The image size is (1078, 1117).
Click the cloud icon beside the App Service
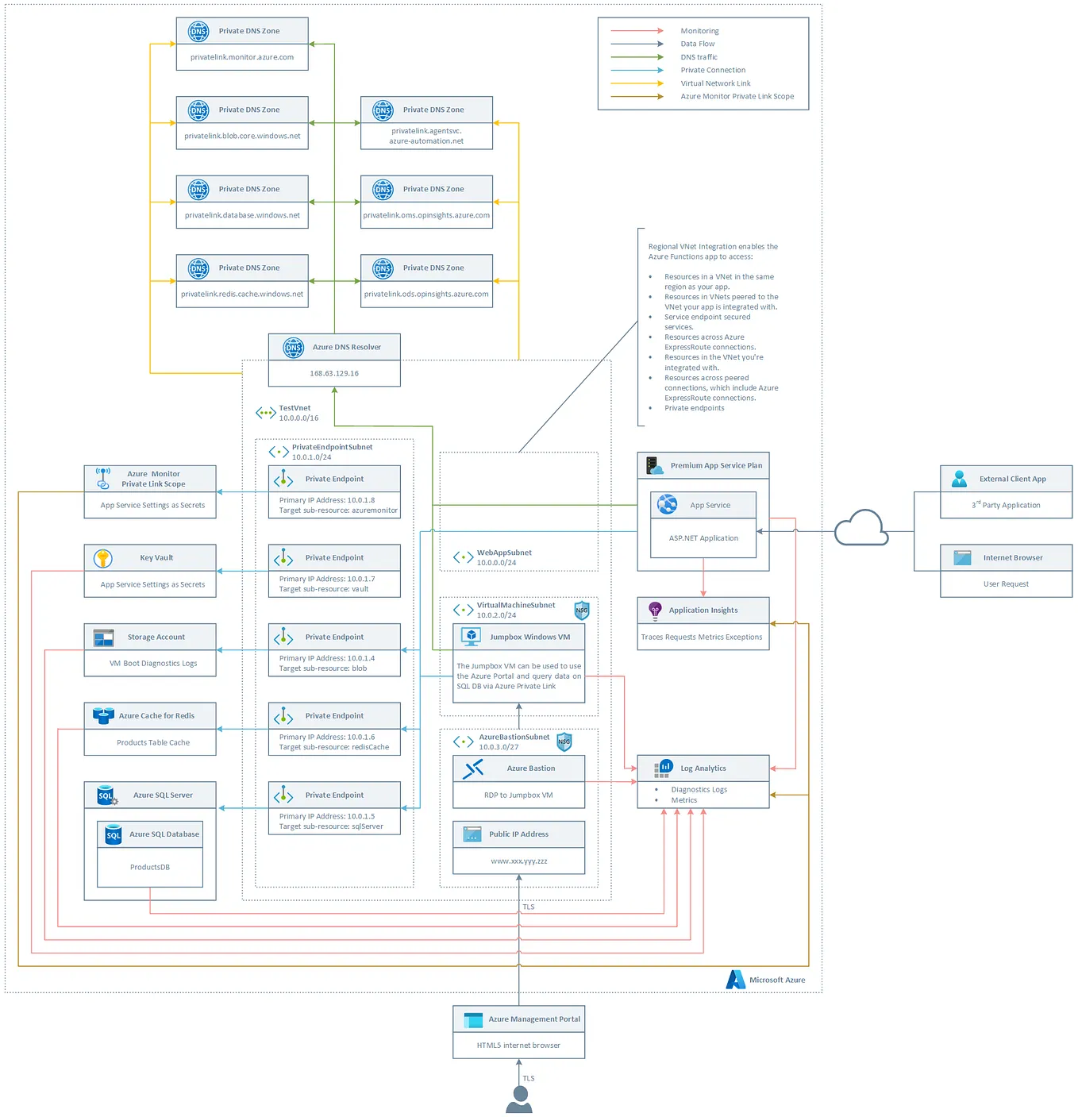[x=861, y=528]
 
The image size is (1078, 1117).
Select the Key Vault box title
[x=156, y=557]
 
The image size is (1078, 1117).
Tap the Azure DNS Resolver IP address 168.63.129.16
[x=334, y=373]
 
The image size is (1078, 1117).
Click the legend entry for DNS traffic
[x=699, y=57]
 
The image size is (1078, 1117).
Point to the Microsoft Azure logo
[x=735, y=979]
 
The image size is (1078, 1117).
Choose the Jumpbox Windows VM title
[x=529, y=637]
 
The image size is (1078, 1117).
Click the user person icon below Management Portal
[x=519, y=1100]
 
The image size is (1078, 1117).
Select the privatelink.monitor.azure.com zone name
[x=242, y=57]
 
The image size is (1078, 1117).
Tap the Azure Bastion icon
[x=473, y=768]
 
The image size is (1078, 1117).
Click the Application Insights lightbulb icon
[x=655, y=610]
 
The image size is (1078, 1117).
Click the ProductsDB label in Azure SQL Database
[x=150, y=867]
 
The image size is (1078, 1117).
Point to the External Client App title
[x=1012, y=479]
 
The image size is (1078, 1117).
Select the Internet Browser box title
[x=1013, y=557]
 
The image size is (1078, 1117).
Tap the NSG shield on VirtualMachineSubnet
[x=582, y=610]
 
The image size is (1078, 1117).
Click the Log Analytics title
[x=703, y=768]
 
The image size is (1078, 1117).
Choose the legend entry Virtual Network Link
[x=715, y=83]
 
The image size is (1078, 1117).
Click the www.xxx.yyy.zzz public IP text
[x=519, y=861]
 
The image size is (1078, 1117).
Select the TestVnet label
[x=295, y=408]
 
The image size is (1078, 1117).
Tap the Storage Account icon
[x=103, y=637]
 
